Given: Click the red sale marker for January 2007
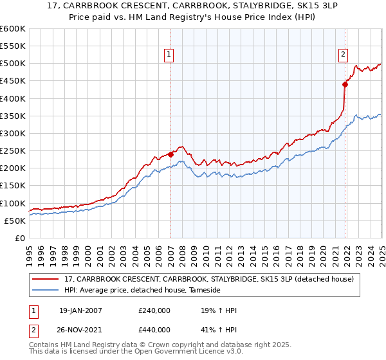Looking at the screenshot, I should pyautogui.click(x=170, y=154).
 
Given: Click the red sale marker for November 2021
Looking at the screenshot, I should pyautogui.click(x=345, y=84).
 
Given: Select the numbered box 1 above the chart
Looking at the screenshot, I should pyautogui.click(x=169, y=55).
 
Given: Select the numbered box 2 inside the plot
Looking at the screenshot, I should pyautogui.click(x=344, y=55).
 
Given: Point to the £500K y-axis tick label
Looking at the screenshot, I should pyautogui.click(x=13, y=64).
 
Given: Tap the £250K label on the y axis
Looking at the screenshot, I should pyautogui.click(x=13, y=151).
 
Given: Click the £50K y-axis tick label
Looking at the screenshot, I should pyautogui.click(x=15, y=221).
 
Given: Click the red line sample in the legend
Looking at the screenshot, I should pyautogui.click(x=46, y=279).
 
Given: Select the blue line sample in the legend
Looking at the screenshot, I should pyautogui.click(x=46, y=291).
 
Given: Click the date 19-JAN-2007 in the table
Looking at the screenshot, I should pyautogui.click(x=80, y=310).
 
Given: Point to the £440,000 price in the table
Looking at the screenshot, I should pyautogui.click(x=154, y=331).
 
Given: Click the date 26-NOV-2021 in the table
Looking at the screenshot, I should pyautogui.click(x=80, y=331).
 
